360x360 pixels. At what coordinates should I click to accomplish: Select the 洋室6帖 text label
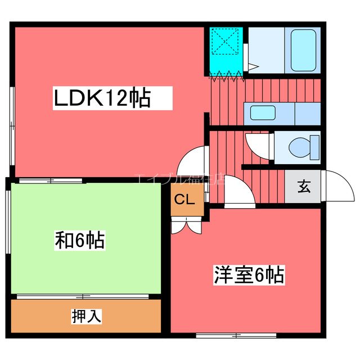[x=247, y=275]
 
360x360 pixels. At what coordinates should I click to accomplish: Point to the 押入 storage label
[x=86, y=316]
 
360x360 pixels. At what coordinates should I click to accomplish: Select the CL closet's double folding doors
[x=186, y=225]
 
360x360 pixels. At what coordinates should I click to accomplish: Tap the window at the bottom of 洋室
[x=236, y=335]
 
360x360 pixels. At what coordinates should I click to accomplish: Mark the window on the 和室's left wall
[x=7, y=225]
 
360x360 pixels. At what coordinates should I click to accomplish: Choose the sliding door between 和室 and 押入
[x=83, y=296]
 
